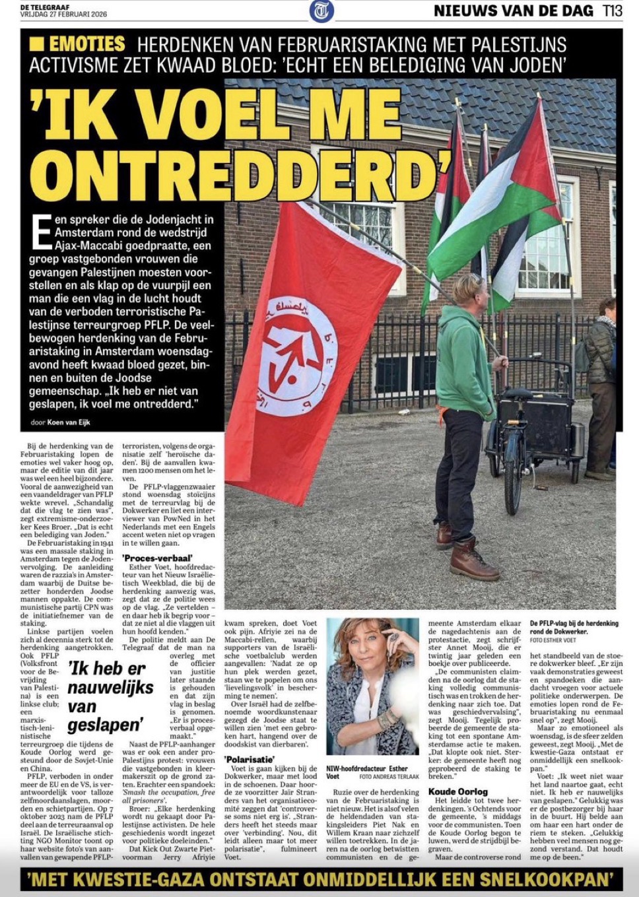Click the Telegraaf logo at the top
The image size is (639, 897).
point(321,11)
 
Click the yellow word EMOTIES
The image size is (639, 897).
point(86,44)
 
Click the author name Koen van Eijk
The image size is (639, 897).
point(69,422)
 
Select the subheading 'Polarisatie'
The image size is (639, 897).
point(250,760)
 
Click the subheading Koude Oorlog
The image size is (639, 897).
point(457,791)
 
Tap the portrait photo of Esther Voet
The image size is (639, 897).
point(373,686)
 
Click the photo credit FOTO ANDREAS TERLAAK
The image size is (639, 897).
point(389,776)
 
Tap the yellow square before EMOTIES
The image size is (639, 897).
point(37,44)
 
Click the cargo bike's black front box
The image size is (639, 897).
point(534,423)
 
